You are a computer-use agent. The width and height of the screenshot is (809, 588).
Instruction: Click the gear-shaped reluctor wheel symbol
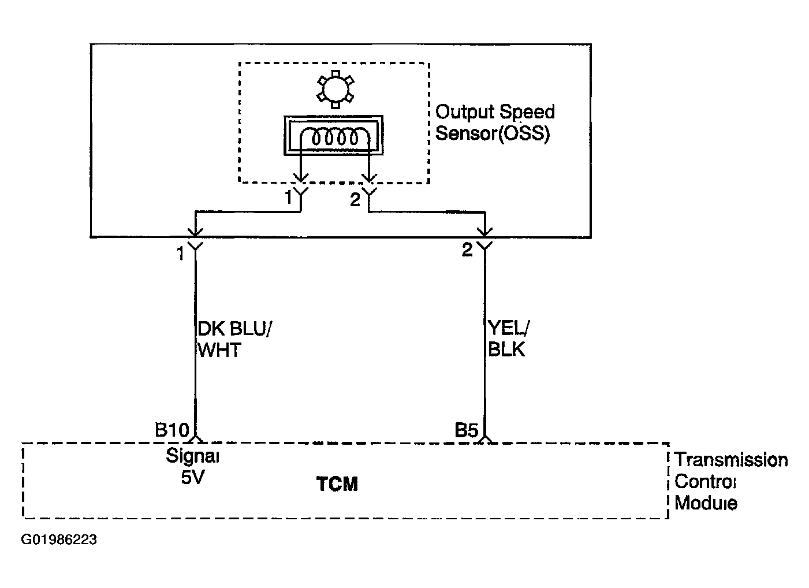point(335,89)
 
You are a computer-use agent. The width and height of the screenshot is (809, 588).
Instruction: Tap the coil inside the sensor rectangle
point(335,137)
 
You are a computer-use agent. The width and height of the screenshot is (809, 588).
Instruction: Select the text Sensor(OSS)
point(493,133)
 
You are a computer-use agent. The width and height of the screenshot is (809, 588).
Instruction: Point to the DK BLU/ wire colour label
point(234,329)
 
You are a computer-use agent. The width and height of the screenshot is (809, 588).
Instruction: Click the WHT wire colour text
point(219,350)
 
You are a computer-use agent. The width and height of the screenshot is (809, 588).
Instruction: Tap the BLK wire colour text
point(506,349)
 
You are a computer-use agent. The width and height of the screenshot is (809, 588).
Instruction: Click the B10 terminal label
point(172,430)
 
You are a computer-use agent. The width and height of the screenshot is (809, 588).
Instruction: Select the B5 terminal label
point(466,430)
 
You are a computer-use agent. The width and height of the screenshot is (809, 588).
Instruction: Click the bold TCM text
point(337,484)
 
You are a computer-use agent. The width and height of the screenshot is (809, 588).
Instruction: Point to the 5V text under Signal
point(192,478)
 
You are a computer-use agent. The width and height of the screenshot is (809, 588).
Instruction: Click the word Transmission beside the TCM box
point(732,460)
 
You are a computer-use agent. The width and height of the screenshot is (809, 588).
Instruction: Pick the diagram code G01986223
point(59,539)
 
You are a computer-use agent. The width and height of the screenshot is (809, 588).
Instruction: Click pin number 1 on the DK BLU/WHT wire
point(181,254)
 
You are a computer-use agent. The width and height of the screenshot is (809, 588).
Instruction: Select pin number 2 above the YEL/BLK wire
point(467,250)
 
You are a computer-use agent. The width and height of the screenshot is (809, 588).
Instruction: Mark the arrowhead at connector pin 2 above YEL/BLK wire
point(484,231)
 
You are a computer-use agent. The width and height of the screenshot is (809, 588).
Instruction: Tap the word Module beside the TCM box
point(706,503)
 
